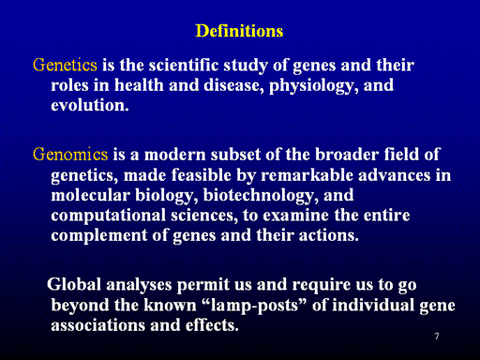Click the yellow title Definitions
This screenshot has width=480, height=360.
tap(239, 31)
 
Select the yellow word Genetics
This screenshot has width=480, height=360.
tap(65, 65)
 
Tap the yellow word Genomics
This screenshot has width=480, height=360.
tap(70, 155)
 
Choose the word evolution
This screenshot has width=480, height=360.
tap(90, 105)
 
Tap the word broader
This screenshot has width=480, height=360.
tap(347, 155)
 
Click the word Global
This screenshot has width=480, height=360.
tap(74, 284)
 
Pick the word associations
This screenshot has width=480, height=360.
tap(97, 325)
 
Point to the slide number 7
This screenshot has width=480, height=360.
tap(437, 337)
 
